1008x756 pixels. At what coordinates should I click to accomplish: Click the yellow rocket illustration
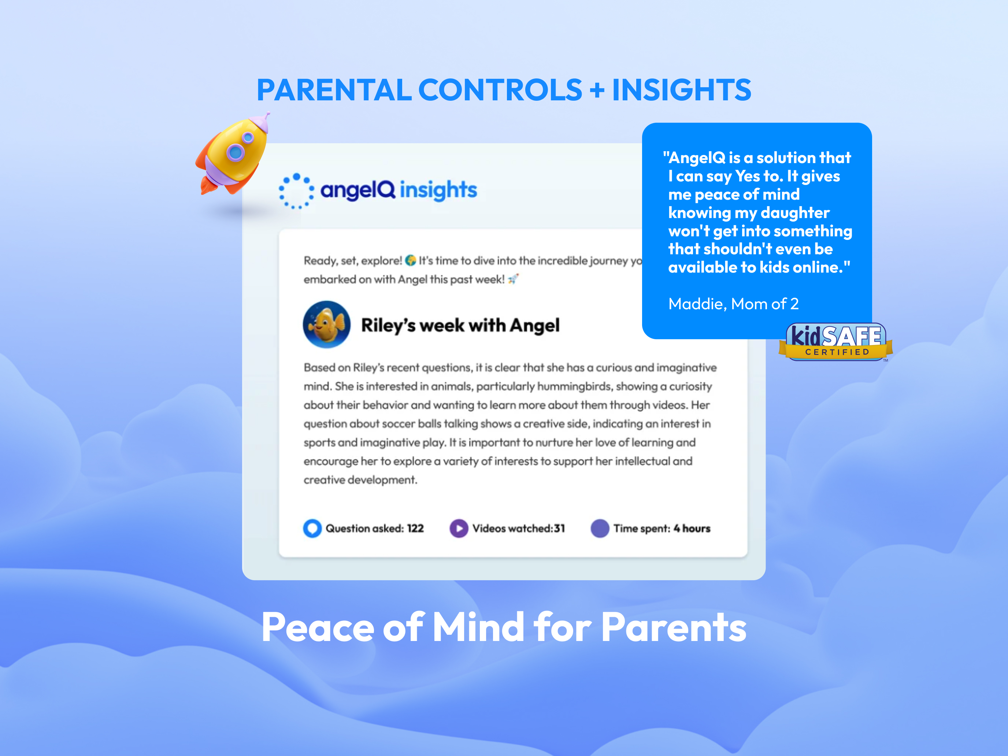click(x=233, y=155)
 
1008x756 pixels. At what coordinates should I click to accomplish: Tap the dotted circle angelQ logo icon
click(x=296, y=191)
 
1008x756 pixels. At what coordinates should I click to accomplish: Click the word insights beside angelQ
click(x=438, y=190)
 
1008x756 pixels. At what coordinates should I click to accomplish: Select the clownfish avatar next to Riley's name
click(x=327, y=325)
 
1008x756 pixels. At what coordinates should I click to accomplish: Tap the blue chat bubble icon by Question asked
click(x=312, y=529)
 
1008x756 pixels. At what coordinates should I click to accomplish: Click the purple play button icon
click(x=459, y=529)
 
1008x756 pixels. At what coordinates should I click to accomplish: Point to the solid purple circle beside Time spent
click(x=600, y=529)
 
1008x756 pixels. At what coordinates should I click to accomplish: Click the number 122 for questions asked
click(x=415, y=529)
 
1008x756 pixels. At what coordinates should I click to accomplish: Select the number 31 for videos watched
click(x=560, y=529)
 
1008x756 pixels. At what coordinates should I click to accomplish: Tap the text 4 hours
click(x=692, y=529)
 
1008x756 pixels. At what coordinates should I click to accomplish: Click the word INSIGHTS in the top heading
click(x=681, y=90)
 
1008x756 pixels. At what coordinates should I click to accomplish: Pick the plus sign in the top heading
click(x=597, y=90)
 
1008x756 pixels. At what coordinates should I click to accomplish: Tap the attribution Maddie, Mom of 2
click(x=733, y=304)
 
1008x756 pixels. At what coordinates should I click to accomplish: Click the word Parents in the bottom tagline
click(x=674, y=627)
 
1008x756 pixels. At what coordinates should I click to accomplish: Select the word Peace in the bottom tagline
click(x=318, y=627)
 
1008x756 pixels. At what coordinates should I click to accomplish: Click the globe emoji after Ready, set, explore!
click(x=411, y=260)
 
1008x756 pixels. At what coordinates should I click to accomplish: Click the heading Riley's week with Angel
click(x=460, y=325)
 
